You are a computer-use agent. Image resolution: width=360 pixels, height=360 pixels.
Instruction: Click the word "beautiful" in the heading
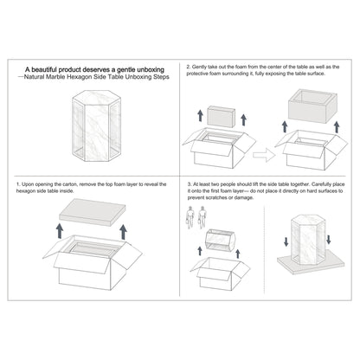(x=46, y=69)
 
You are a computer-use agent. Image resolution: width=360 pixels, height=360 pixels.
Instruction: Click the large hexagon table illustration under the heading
(x=96, y=125)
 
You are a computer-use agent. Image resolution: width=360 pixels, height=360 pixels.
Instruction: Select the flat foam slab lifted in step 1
(x=93, y=212)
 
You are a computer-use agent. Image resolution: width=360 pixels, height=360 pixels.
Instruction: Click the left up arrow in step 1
(x=60, y=231)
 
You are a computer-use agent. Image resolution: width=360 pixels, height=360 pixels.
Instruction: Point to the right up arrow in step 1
(x=124, y=232)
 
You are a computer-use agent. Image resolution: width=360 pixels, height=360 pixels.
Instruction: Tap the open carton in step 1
(x=93, y=262)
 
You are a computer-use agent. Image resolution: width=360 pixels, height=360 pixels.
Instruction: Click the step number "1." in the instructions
(x=18, y=184)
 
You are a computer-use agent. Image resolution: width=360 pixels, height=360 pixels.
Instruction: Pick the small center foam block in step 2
(x=222, y=117)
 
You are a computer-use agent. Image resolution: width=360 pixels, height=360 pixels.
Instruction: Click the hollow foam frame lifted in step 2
(x=313, y=106)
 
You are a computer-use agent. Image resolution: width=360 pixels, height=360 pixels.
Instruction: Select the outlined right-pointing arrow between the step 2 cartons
(x=264, y=155)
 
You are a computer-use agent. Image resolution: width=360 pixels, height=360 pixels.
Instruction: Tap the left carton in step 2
(x=219, y=148)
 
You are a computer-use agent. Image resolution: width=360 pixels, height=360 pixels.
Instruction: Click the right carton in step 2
(x=312, y=150)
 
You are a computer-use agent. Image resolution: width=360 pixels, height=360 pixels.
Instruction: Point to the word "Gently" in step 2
(x=199, y=67)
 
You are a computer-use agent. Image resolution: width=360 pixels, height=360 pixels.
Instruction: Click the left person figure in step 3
(x=190, y=217)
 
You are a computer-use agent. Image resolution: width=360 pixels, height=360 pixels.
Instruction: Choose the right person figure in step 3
(x=202, y=217)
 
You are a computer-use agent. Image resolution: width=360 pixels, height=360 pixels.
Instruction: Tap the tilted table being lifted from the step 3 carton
(x=220, y=240)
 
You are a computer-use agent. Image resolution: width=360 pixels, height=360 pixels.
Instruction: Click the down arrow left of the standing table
(x=286, y=241)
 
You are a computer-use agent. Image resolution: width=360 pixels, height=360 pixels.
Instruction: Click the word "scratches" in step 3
(x=221, y=197)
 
